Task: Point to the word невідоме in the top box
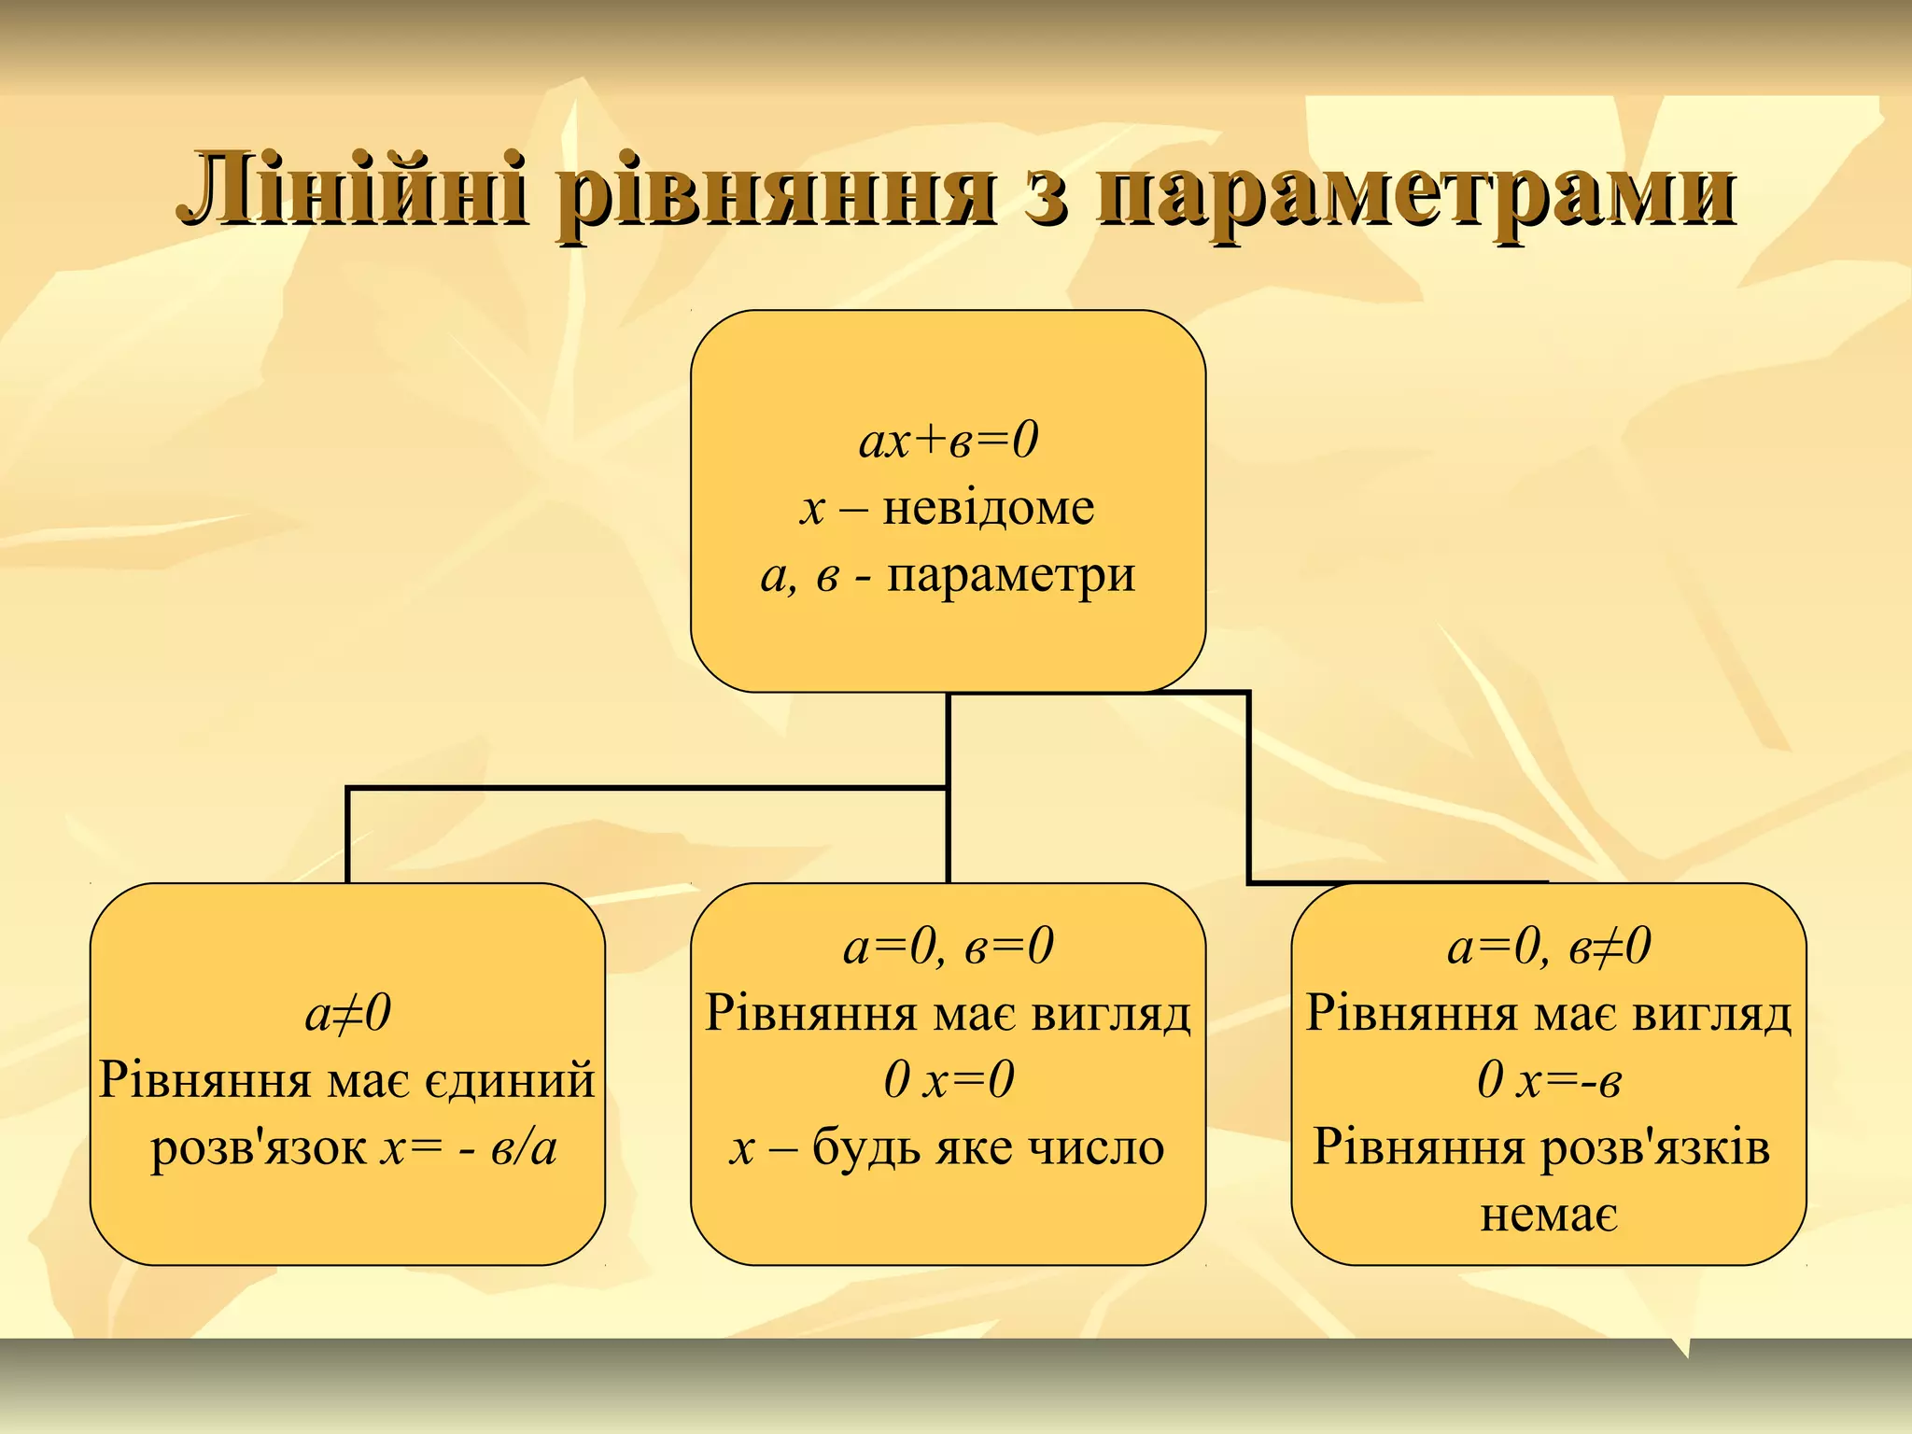coord(988,509)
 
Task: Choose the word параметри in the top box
coord(1010,576)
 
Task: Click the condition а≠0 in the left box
coord(347,1013)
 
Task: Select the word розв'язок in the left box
coord(259,1148)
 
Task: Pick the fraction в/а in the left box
coord(524,1148)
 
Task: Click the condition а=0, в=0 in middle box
coord(948,946)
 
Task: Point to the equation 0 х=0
coord(948,1080)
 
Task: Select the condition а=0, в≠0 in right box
coord(1548,946)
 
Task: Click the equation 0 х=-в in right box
coord(1548,1080)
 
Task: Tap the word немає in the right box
coord(1548,1215)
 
